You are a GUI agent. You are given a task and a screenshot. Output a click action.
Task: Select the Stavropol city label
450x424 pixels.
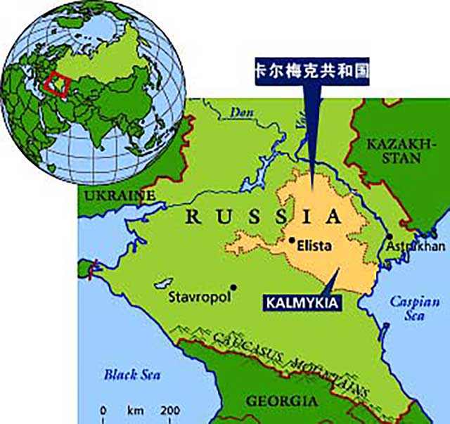[x=200, y=297]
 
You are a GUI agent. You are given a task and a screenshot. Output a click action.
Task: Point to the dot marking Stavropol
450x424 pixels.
[x=233, y=286]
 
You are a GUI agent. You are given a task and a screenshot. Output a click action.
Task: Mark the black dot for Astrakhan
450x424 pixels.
[x=389, y=237]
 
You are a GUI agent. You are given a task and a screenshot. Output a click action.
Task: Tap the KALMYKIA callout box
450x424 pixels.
[x=303, y=304]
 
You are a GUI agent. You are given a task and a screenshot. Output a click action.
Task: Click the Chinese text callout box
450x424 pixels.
[x=310, y=72]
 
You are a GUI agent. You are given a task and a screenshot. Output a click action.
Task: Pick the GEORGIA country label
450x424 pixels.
[x=281, y=401]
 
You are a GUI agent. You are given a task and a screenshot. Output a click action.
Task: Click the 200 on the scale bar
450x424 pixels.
[x=170, y=410]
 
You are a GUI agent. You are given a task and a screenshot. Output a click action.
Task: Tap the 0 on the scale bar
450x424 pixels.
[x=103, y=410]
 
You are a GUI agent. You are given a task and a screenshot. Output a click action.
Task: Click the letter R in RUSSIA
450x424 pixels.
[x=191, y=217]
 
